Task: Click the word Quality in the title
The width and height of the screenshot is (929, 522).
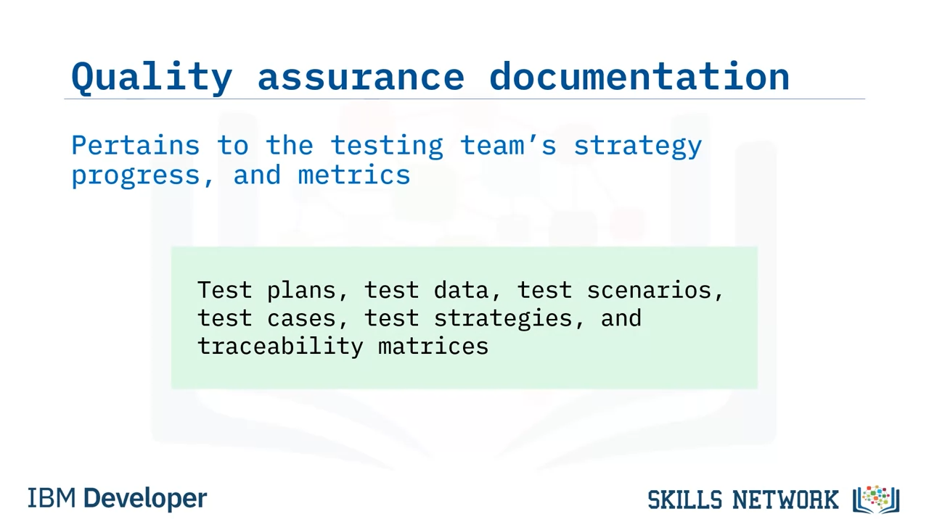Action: click(x=152, y=78)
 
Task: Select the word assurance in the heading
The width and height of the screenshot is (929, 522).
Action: click(x=361, y=78)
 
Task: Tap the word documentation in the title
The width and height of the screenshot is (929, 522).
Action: click(x=639, y=77)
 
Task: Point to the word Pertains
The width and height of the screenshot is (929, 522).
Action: click(x=136, y=146)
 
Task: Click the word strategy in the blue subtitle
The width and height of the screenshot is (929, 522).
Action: click(x=638, y=147)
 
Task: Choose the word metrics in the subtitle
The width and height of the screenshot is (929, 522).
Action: click(x=354, y=175)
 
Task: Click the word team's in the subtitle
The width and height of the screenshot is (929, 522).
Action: click(x=508, y=146)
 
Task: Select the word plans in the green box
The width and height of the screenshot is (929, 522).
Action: click(x=301, y=291)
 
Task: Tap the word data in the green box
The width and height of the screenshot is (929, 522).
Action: click(x=461, y=289)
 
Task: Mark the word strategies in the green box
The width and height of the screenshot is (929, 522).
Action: click(x=503, y=319)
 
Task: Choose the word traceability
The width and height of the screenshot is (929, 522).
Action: click(x=280, y=347)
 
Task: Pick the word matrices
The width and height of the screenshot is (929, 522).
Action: click(x=433, y=346)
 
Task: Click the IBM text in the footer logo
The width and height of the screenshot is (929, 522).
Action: click(x=52, y=498)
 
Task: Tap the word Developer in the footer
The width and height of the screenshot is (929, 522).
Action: click(x=145, y=499)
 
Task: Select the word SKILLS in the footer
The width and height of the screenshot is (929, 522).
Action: click(x=684, y=500)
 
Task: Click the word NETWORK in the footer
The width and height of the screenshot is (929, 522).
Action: click(x=785, y=500)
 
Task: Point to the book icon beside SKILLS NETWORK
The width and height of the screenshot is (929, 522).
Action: click(x=876, y=500)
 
